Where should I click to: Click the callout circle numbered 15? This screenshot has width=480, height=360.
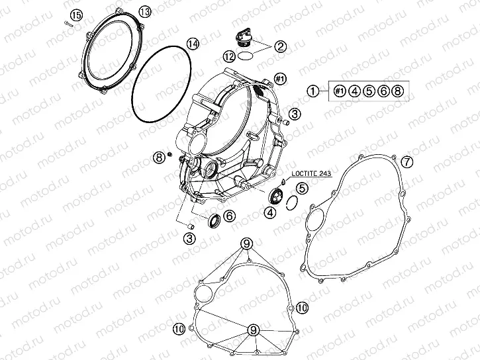76,15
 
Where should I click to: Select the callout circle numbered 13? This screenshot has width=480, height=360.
144,11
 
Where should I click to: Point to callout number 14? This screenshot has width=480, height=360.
192,44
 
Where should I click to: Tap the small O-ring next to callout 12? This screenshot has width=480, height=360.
244,56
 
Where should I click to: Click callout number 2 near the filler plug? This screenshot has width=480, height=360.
280,46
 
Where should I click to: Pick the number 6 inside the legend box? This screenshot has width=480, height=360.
383,91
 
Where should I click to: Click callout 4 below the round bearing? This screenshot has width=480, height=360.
271,212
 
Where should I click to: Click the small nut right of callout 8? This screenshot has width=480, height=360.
169,156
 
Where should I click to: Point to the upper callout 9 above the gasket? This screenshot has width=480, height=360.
247,244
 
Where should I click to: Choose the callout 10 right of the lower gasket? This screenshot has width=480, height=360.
302,308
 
